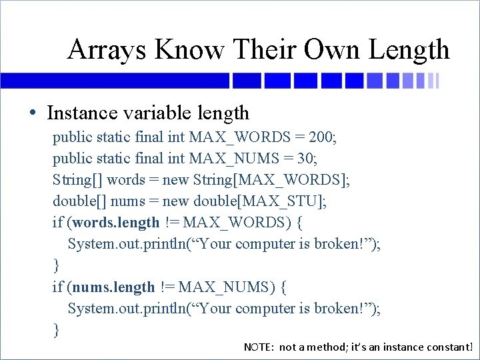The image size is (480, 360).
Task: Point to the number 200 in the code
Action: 322,137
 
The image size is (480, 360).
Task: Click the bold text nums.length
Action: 113,287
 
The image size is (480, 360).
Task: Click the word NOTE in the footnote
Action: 259,347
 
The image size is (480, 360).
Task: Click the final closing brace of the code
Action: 56,329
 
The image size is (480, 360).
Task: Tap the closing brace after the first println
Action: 56,265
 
